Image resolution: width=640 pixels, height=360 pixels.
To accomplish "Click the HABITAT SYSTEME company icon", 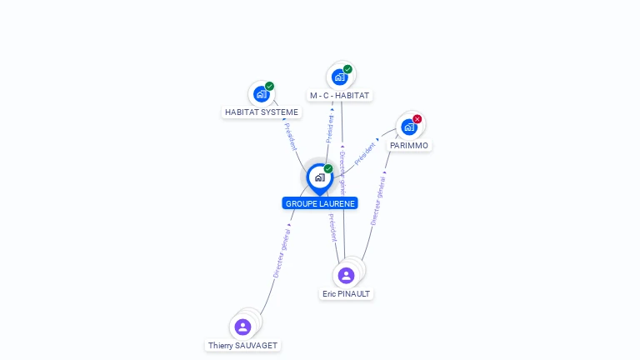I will [x=262, y=94].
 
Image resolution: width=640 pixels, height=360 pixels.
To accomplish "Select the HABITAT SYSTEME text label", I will [x=262, y=112].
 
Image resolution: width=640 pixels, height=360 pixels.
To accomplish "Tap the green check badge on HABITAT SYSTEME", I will [x=270, y=86].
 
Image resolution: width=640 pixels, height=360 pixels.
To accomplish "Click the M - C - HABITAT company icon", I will [x=339, y=77].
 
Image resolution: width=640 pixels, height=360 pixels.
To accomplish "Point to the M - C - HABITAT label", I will [x=339, y=96].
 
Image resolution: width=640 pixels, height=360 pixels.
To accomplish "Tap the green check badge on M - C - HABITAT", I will [x=347, y=69].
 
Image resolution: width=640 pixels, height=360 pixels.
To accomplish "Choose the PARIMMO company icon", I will [x=409, y=127].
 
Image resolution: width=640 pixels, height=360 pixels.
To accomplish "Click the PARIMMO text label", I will [x=409, y=146].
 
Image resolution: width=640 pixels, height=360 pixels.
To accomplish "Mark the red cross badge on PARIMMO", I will [x=417, y=119].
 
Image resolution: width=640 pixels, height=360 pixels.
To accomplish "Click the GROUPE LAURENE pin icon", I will [x=319, y=177].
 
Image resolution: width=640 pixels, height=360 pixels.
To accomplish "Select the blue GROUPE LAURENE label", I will [x=320, y=203].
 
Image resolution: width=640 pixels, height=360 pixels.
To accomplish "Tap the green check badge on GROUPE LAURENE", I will [x=328, y=168].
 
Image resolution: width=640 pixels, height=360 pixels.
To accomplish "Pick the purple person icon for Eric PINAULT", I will [x=346, y=275].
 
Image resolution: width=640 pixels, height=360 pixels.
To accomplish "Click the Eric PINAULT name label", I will [x=346, y=294].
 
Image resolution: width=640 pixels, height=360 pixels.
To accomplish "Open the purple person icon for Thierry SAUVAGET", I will [x=242, y=327].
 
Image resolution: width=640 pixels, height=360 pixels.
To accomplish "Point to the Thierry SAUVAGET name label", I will [x=243, y=346].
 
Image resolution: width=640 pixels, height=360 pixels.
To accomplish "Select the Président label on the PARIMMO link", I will [x=367, y=151].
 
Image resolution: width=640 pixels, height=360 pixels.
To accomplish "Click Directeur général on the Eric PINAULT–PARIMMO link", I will [x=377, y=199].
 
